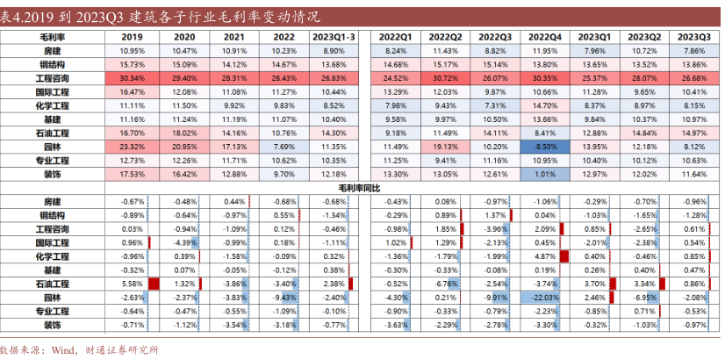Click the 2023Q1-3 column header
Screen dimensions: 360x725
tap(334, 37)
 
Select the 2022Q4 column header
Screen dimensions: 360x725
tap(545, 37)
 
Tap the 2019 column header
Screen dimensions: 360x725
tap(132, 37)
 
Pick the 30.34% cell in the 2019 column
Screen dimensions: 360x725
tap(132, 78)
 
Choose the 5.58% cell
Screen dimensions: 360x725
tap(132, 284)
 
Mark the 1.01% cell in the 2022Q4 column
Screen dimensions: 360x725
tap(545, 174)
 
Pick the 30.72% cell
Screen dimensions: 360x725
tap(446, 78)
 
